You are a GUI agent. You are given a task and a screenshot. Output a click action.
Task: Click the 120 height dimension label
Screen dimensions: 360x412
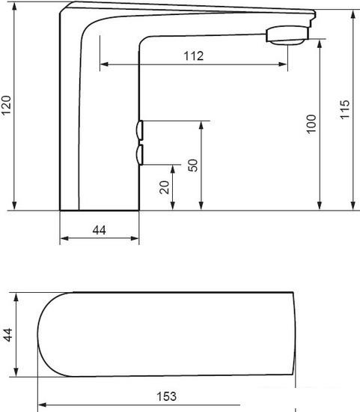click(6, 105)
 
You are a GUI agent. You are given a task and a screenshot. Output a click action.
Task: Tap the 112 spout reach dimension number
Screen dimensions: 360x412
click(194, 56)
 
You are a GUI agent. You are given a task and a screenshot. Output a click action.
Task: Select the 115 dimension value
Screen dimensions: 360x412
click(345, 109)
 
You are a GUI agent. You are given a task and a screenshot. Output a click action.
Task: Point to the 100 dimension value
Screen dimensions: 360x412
click(311, 124)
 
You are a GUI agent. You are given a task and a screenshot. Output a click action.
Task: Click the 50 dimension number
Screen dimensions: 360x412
click(193, 166)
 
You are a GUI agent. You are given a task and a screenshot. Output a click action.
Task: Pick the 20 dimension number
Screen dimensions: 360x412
click(165, 187)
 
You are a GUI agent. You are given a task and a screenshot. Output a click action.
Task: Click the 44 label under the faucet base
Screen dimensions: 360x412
click(100, 230)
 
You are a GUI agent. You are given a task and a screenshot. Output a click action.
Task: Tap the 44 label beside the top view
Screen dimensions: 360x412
click(8, 335)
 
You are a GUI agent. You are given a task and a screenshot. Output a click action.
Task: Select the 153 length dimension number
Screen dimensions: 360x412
click(166, 396)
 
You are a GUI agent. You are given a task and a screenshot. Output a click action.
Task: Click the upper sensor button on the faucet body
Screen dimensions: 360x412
click(140, 130)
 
